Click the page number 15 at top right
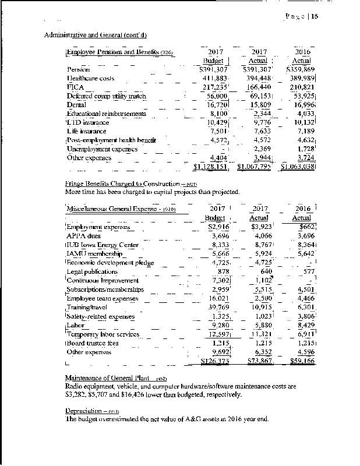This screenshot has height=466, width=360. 314,16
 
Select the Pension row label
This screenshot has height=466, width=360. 78,69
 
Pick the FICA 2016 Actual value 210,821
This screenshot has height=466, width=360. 301,87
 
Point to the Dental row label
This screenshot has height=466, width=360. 77,105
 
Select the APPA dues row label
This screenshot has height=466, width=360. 82,236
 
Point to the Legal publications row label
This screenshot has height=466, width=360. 92,271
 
